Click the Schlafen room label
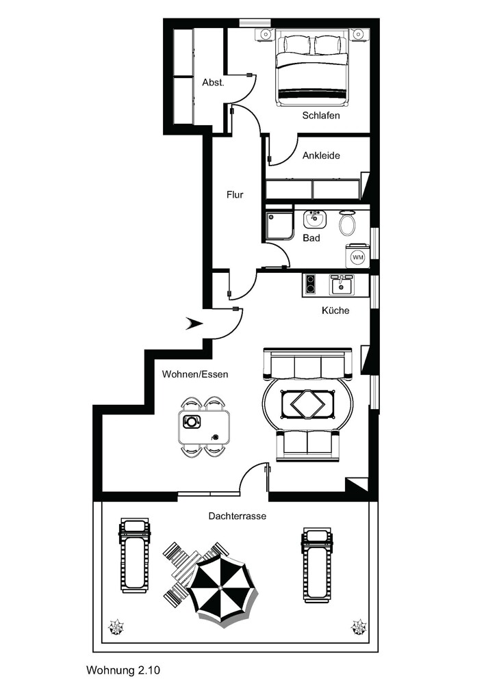point(321,116)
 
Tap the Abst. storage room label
point(213,82)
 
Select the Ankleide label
point(321,155)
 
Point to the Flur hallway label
point(235,194)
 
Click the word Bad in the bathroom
point(311,238)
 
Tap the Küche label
point(335,310)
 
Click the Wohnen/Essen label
point(194,374)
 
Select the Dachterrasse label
point(237,516)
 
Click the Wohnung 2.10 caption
point(123,670)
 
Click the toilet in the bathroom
point(347,222)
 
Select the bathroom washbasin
point(315,219)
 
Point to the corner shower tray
point(279,226)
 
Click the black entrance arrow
point(194,324)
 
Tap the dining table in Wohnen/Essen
point(204,427)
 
